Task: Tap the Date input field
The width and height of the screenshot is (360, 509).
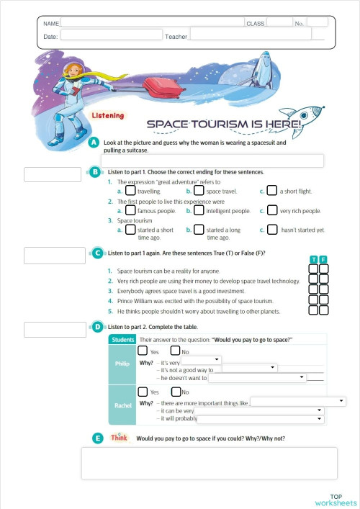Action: [x=112, y=35]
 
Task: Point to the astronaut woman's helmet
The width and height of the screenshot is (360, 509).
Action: [x=74, y=70]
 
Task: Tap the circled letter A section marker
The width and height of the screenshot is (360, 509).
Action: [x=94, y=143]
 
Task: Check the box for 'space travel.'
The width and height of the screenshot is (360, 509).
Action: [x=199, y=192]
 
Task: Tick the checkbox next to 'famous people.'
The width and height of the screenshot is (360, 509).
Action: [x=130, y=211]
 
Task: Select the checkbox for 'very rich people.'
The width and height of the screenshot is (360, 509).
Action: [x=272, y=211]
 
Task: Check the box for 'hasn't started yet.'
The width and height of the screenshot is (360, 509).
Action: [x=272, y=230]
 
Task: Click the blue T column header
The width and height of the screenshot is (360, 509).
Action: [x=313, y=259]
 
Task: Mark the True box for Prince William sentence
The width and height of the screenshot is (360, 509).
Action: [x=313, y=300]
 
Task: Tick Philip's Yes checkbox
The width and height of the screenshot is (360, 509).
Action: [x=143, y=351]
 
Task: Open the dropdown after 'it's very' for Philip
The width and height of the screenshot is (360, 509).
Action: [x=201, y=359]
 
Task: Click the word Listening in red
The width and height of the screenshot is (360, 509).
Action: [x=107, y=116]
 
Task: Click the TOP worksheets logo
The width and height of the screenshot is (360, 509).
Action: [x=335, y=500]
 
